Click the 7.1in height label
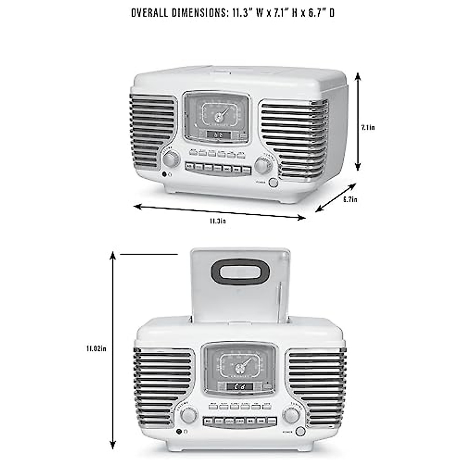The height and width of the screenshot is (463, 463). coord(368,128)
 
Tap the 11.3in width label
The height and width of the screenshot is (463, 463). coord(218,221)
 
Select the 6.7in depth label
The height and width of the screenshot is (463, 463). coord(350,199)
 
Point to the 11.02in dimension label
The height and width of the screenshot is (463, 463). coord(96,348)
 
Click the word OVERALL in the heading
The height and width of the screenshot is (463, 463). coord(149,13)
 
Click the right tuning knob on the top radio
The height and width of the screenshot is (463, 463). coord(262,165)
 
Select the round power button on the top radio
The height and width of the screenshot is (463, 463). coord(273,182)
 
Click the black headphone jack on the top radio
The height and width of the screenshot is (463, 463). coord(165,174)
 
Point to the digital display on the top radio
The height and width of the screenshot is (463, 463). coord(218,135)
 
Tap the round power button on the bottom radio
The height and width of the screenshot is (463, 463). coord(300,432)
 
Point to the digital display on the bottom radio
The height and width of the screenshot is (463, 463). coord(240,387)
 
